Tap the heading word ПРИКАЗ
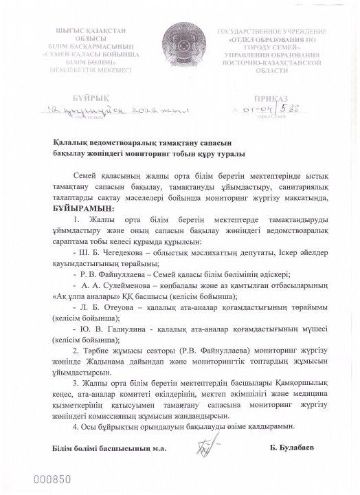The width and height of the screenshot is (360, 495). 280,98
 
